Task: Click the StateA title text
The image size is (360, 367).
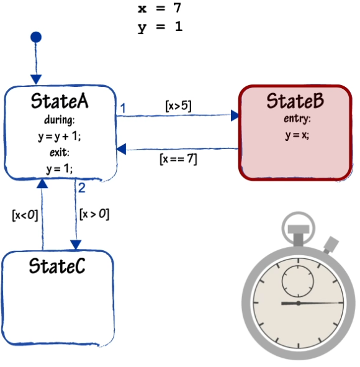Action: coord(60,101)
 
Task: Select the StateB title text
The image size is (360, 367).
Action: coord(295,101)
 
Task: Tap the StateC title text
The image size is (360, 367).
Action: coord(57,266)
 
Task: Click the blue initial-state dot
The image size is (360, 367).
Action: coord(36,37)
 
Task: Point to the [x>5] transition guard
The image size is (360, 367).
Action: coord(178,106)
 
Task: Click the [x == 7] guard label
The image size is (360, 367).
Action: coord(178,159)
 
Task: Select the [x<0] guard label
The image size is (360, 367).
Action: coord(25,215)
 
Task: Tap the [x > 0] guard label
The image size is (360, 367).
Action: coord(94,214)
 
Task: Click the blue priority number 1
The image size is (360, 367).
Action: coord(123,109)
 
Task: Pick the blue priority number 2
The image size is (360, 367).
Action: coord(82,188)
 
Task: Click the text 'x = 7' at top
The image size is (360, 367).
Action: coord(160,8)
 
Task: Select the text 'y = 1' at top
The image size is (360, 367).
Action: coord(160,27)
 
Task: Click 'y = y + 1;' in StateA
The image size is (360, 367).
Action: coord(60,136)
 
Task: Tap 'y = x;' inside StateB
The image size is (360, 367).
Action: coord(297,135)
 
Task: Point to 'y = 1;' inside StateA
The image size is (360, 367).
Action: coord(60,168)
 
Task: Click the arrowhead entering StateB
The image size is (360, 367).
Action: coord(235,116)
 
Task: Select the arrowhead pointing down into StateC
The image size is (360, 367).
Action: coord(76,245)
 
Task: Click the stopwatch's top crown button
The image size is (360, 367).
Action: coord(299,229)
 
